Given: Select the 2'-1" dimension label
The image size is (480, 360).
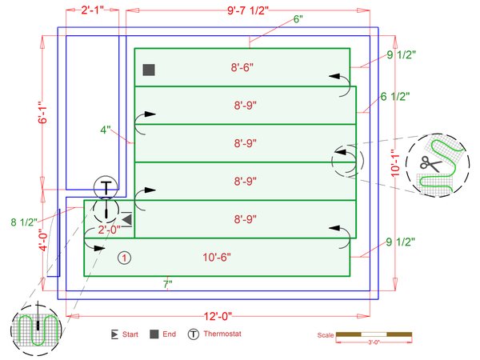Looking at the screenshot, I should click(94, 11).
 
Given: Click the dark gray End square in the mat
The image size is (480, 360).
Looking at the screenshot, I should click(149, 70).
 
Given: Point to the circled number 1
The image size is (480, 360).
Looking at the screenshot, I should click(124, 258).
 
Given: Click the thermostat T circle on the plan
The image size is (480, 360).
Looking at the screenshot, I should click(106, 187).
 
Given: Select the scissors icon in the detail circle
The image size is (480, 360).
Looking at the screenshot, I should click(430, 163).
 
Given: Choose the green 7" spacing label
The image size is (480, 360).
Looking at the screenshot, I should click(167, 283).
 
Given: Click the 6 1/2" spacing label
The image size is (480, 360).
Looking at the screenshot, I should click(394, 96).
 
